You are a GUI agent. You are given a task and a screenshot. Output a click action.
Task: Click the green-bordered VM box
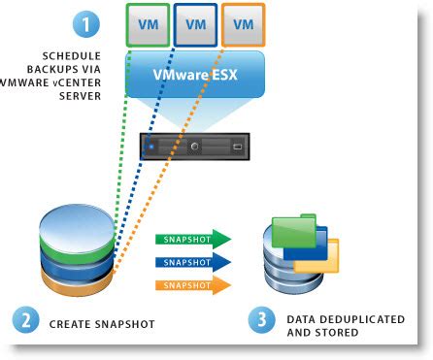coord(147,24)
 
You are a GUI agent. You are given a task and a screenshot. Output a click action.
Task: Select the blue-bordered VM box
coord(194,24)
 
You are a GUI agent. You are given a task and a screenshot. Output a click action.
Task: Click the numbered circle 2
coord(25,319)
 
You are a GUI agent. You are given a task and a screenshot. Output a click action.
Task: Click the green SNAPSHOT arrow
coord(191,238)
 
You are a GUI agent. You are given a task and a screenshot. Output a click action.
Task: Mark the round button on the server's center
coord(195,148)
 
